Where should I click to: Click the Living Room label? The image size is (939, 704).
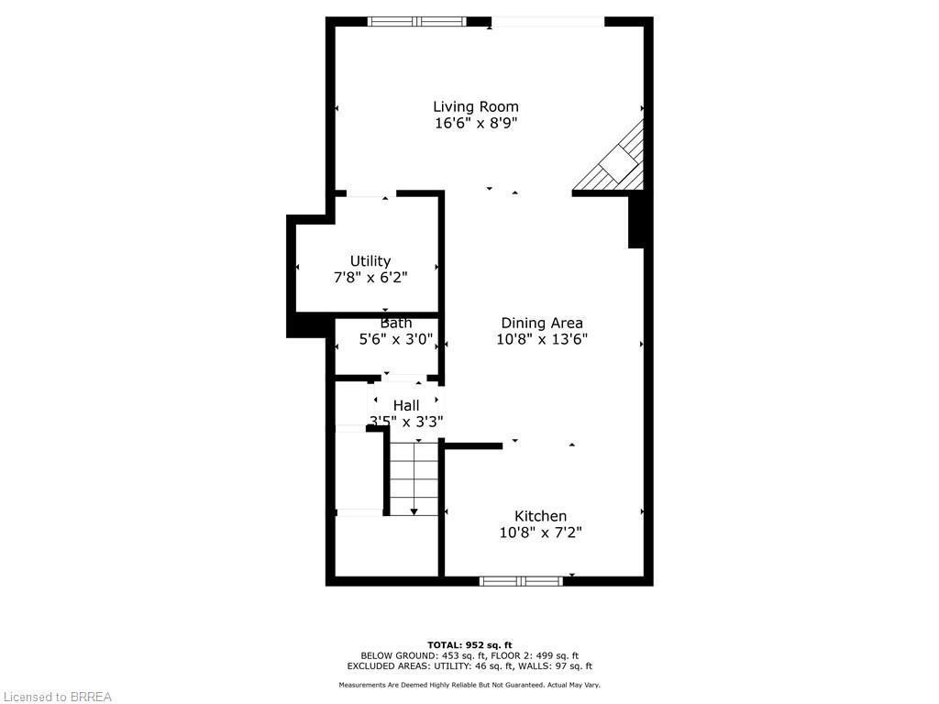475,106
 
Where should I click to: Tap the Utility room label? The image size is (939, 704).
370,261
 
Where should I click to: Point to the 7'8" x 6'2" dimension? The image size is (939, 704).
370,278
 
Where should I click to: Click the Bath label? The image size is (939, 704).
396,323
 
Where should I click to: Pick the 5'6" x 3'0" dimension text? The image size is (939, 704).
396,339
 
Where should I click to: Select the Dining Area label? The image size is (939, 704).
542,323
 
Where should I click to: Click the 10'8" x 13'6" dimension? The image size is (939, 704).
542,339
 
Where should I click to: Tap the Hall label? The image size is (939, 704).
406,405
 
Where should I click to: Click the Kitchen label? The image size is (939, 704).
540,516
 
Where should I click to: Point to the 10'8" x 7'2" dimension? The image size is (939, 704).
540,533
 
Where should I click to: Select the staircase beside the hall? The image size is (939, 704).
414,477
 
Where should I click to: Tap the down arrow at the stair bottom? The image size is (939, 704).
414,511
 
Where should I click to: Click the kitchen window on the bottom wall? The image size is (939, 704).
521,580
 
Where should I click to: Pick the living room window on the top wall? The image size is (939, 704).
417,21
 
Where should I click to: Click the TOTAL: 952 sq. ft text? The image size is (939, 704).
469,644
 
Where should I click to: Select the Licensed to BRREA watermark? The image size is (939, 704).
56,697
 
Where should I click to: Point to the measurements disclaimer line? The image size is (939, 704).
469,685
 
